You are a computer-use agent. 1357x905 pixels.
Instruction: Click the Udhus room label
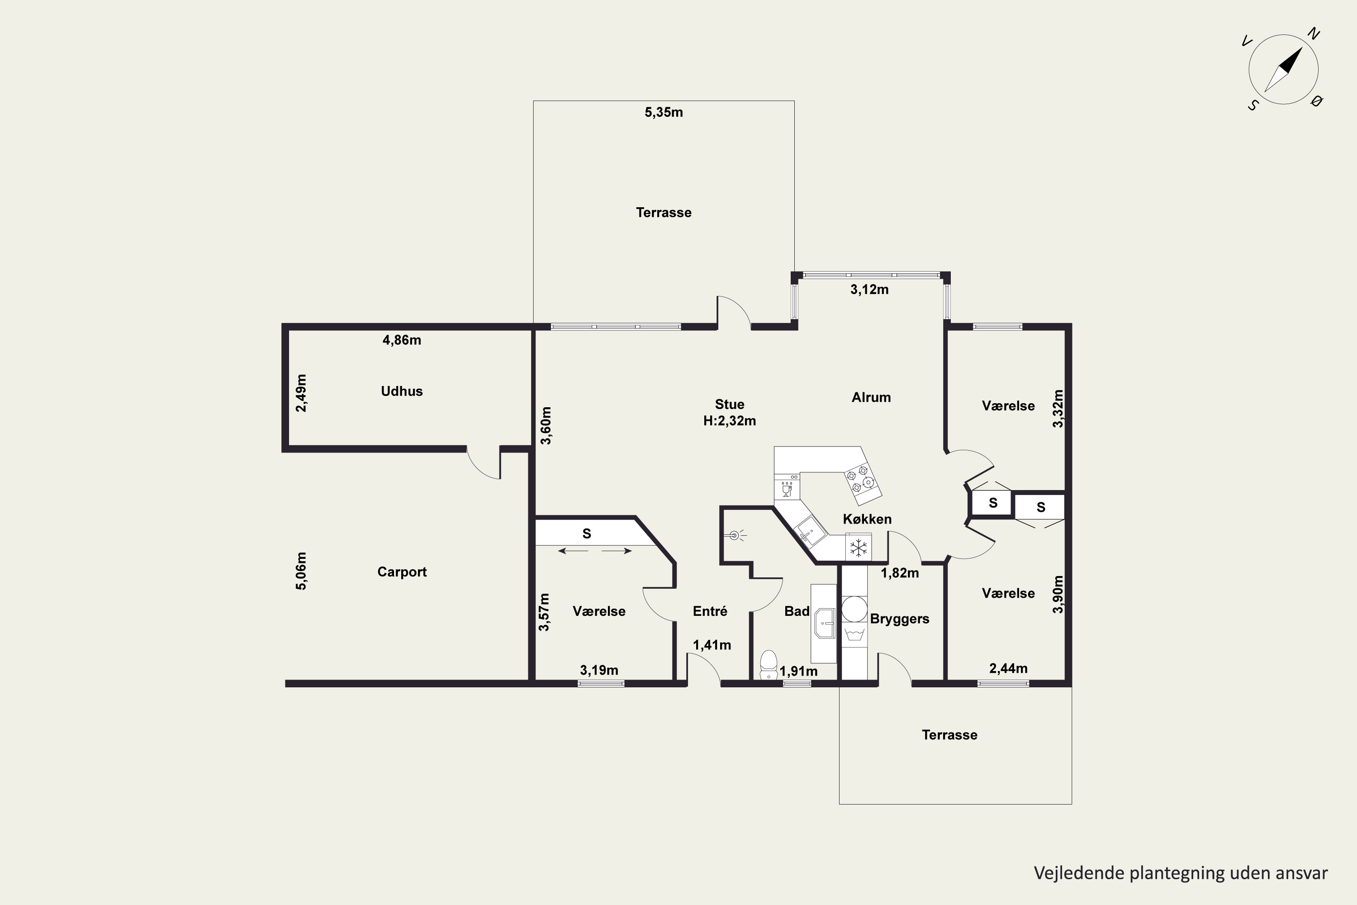coord(402,391)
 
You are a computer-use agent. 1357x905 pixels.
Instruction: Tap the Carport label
coord(402,572)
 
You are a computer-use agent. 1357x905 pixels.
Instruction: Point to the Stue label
coord(729,405)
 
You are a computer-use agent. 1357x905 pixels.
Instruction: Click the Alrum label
coord(871,397)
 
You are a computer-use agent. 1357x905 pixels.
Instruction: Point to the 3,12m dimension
coord(869,290)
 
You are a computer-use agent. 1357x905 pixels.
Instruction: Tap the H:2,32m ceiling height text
coord(729,421)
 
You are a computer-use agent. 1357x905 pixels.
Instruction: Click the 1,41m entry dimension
coord(712,645)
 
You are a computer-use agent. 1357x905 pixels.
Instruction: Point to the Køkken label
coord(867,519)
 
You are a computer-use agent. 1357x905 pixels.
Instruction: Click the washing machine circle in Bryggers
coord(854,609)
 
